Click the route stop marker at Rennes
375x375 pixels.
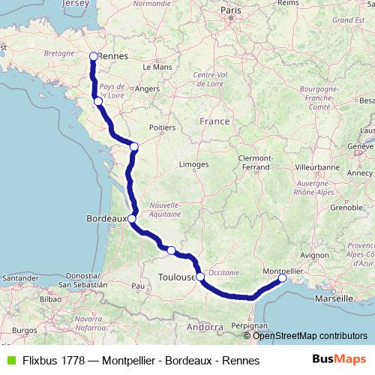[x=94, y=55]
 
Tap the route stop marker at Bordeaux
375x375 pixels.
[x=131, y=219]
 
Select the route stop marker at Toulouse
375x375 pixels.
[x=200, y=277]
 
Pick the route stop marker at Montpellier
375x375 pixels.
[x=283, y=278]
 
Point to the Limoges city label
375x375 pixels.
[x=193, y=163]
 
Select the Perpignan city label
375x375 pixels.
[x=250, y=326]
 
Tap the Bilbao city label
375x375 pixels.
[x=50, y=298]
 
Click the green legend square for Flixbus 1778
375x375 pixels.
[x=10, y=361]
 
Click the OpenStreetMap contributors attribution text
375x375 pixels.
[x=310, y=335]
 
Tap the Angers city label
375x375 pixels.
[x=148, y=88]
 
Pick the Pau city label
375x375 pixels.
[x=137, y=286]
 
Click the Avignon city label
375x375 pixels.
[x=315, y=255]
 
